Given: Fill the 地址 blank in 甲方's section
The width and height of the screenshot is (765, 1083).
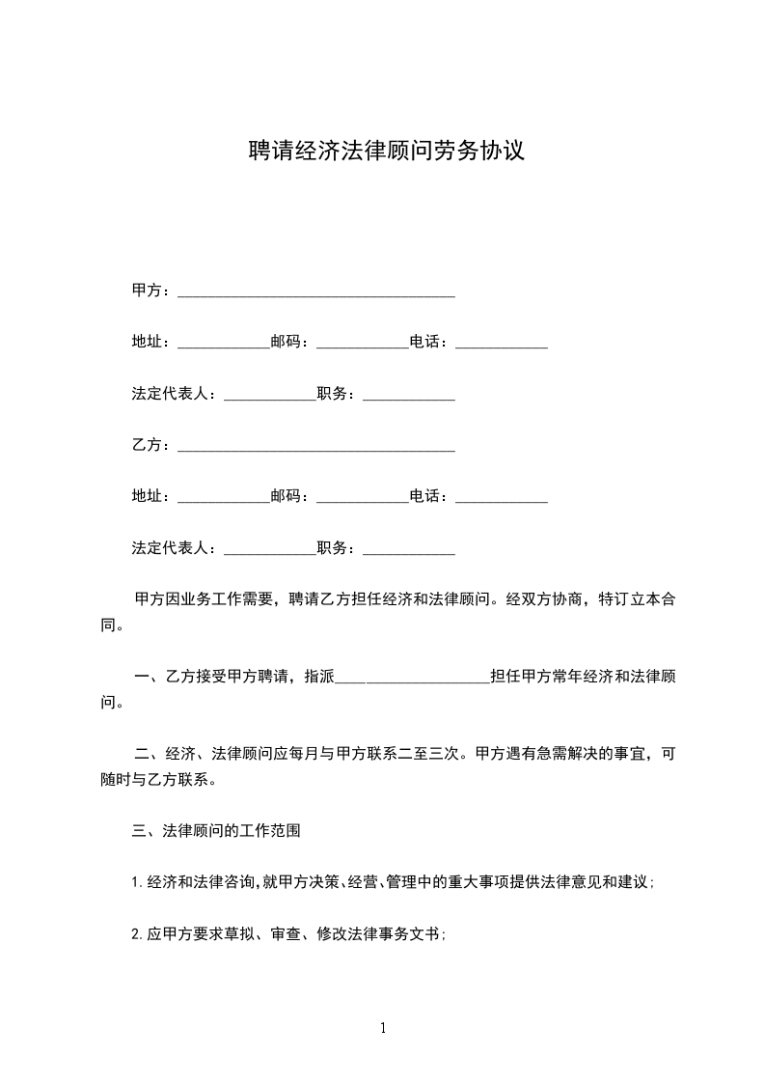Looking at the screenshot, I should [224, 344].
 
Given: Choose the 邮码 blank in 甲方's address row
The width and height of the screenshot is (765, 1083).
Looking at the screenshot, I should [363, 344].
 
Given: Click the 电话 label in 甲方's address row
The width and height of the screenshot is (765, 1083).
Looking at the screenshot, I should [428, 343].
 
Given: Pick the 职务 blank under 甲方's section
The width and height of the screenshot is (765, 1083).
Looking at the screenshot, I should [409, 396].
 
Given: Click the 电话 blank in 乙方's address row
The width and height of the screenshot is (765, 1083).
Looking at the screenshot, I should [502, 498].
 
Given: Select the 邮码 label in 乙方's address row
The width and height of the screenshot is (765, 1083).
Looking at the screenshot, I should [289, 497].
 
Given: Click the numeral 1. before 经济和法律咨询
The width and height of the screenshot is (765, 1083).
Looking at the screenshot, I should [138, 882].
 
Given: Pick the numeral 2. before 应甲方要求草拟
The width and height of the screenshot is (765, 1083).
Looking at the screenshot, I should [138, 934].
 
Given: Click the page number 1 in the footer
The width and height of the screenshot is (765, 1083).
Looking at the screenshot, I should [383, 1028].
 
